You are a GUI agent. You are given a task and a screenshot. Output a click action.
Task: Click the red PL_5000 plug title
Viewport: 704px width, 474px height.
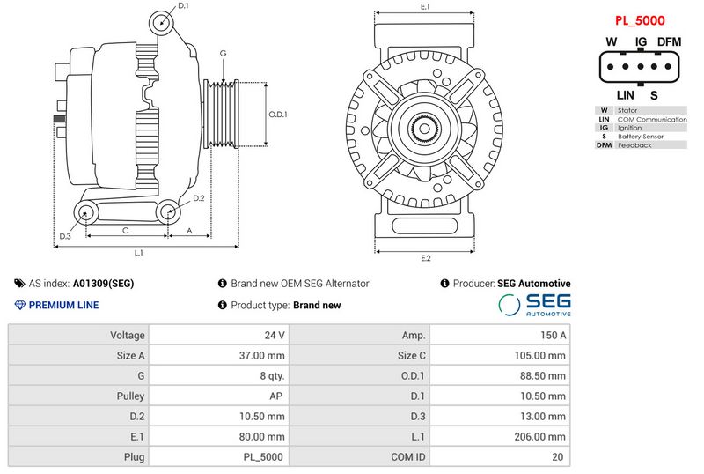(639, 20)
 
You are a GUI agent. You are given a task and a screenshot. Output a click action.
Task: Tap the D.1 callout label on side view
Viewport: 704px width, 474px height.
(183, 6)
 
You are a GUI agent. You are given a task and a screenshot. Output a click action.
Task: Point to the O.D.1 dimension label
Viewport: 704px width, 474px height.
(278, 115)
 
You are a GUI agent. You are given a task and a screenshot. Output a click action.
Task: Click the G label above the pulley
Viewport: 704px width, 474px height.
(224, 54)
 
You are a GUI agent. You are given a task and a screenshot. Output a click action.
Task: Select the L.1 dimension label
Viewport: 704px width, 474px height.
(139, 253)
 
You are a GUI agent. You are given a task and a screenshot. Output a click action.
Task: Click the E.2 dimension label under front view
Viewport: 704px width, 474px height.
(425, 258)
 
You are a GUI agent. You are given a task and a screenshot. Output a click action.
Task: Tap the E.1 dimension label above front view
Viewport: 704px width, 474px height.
(425, 7)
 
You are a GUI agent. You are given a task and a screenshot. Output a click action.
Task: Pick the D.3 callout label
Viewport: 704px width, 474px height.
(65, 236)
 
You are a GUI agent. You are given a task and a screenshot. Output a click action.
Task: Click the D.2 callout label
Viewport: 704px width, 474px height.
(198, 198)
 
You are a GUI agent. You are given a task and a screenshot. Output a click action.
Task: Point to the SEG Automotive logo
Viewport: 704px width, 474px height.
(535, 305)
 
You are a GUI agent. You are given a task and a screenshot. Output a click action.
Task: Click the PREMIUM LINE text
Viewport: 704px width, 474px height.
(63, 305)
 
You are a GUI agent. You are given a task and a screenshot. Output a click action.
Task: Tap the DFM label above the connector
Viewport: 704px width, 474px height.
(670, 42)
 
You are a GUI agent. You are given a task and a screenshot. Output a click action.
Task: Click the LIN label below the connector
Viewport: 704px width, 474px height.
(626, 95)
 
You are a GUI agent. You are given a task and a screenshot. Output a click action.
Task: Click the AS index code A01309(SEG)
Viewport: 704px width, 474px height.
(103, 284)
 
